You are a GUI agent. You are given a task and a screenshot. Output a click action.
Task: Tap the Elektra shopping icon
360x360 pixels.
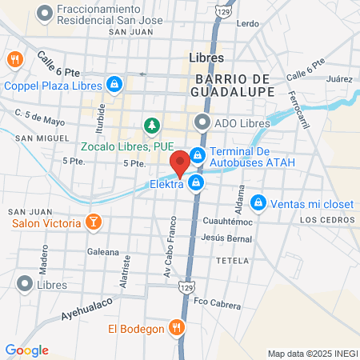(196, 185)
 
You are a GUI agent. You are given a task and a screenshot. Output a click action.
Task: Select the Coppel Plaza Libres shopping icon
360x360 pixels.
(115, 83)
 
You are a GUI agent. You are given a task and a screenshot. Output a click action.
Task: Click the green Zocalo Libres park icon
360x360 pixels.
(150, 126)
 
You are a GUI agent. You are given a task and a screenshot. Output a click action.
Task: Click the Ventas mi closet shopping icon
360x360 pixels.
(258, 202)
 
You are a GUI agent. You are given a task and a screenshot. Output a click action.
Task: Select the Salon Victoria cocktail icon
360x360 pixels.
(94, 222)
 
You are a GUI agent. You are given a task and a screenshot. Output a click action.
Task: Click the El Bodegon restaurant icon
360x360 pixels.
(177, 327)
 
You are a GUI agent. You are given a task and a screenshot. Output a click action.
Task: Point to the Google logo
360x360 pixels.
(26, 350)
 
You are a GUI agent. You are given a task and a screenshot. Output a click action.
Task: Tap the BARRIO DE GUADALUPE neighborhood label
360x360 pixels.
(234, 85)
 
